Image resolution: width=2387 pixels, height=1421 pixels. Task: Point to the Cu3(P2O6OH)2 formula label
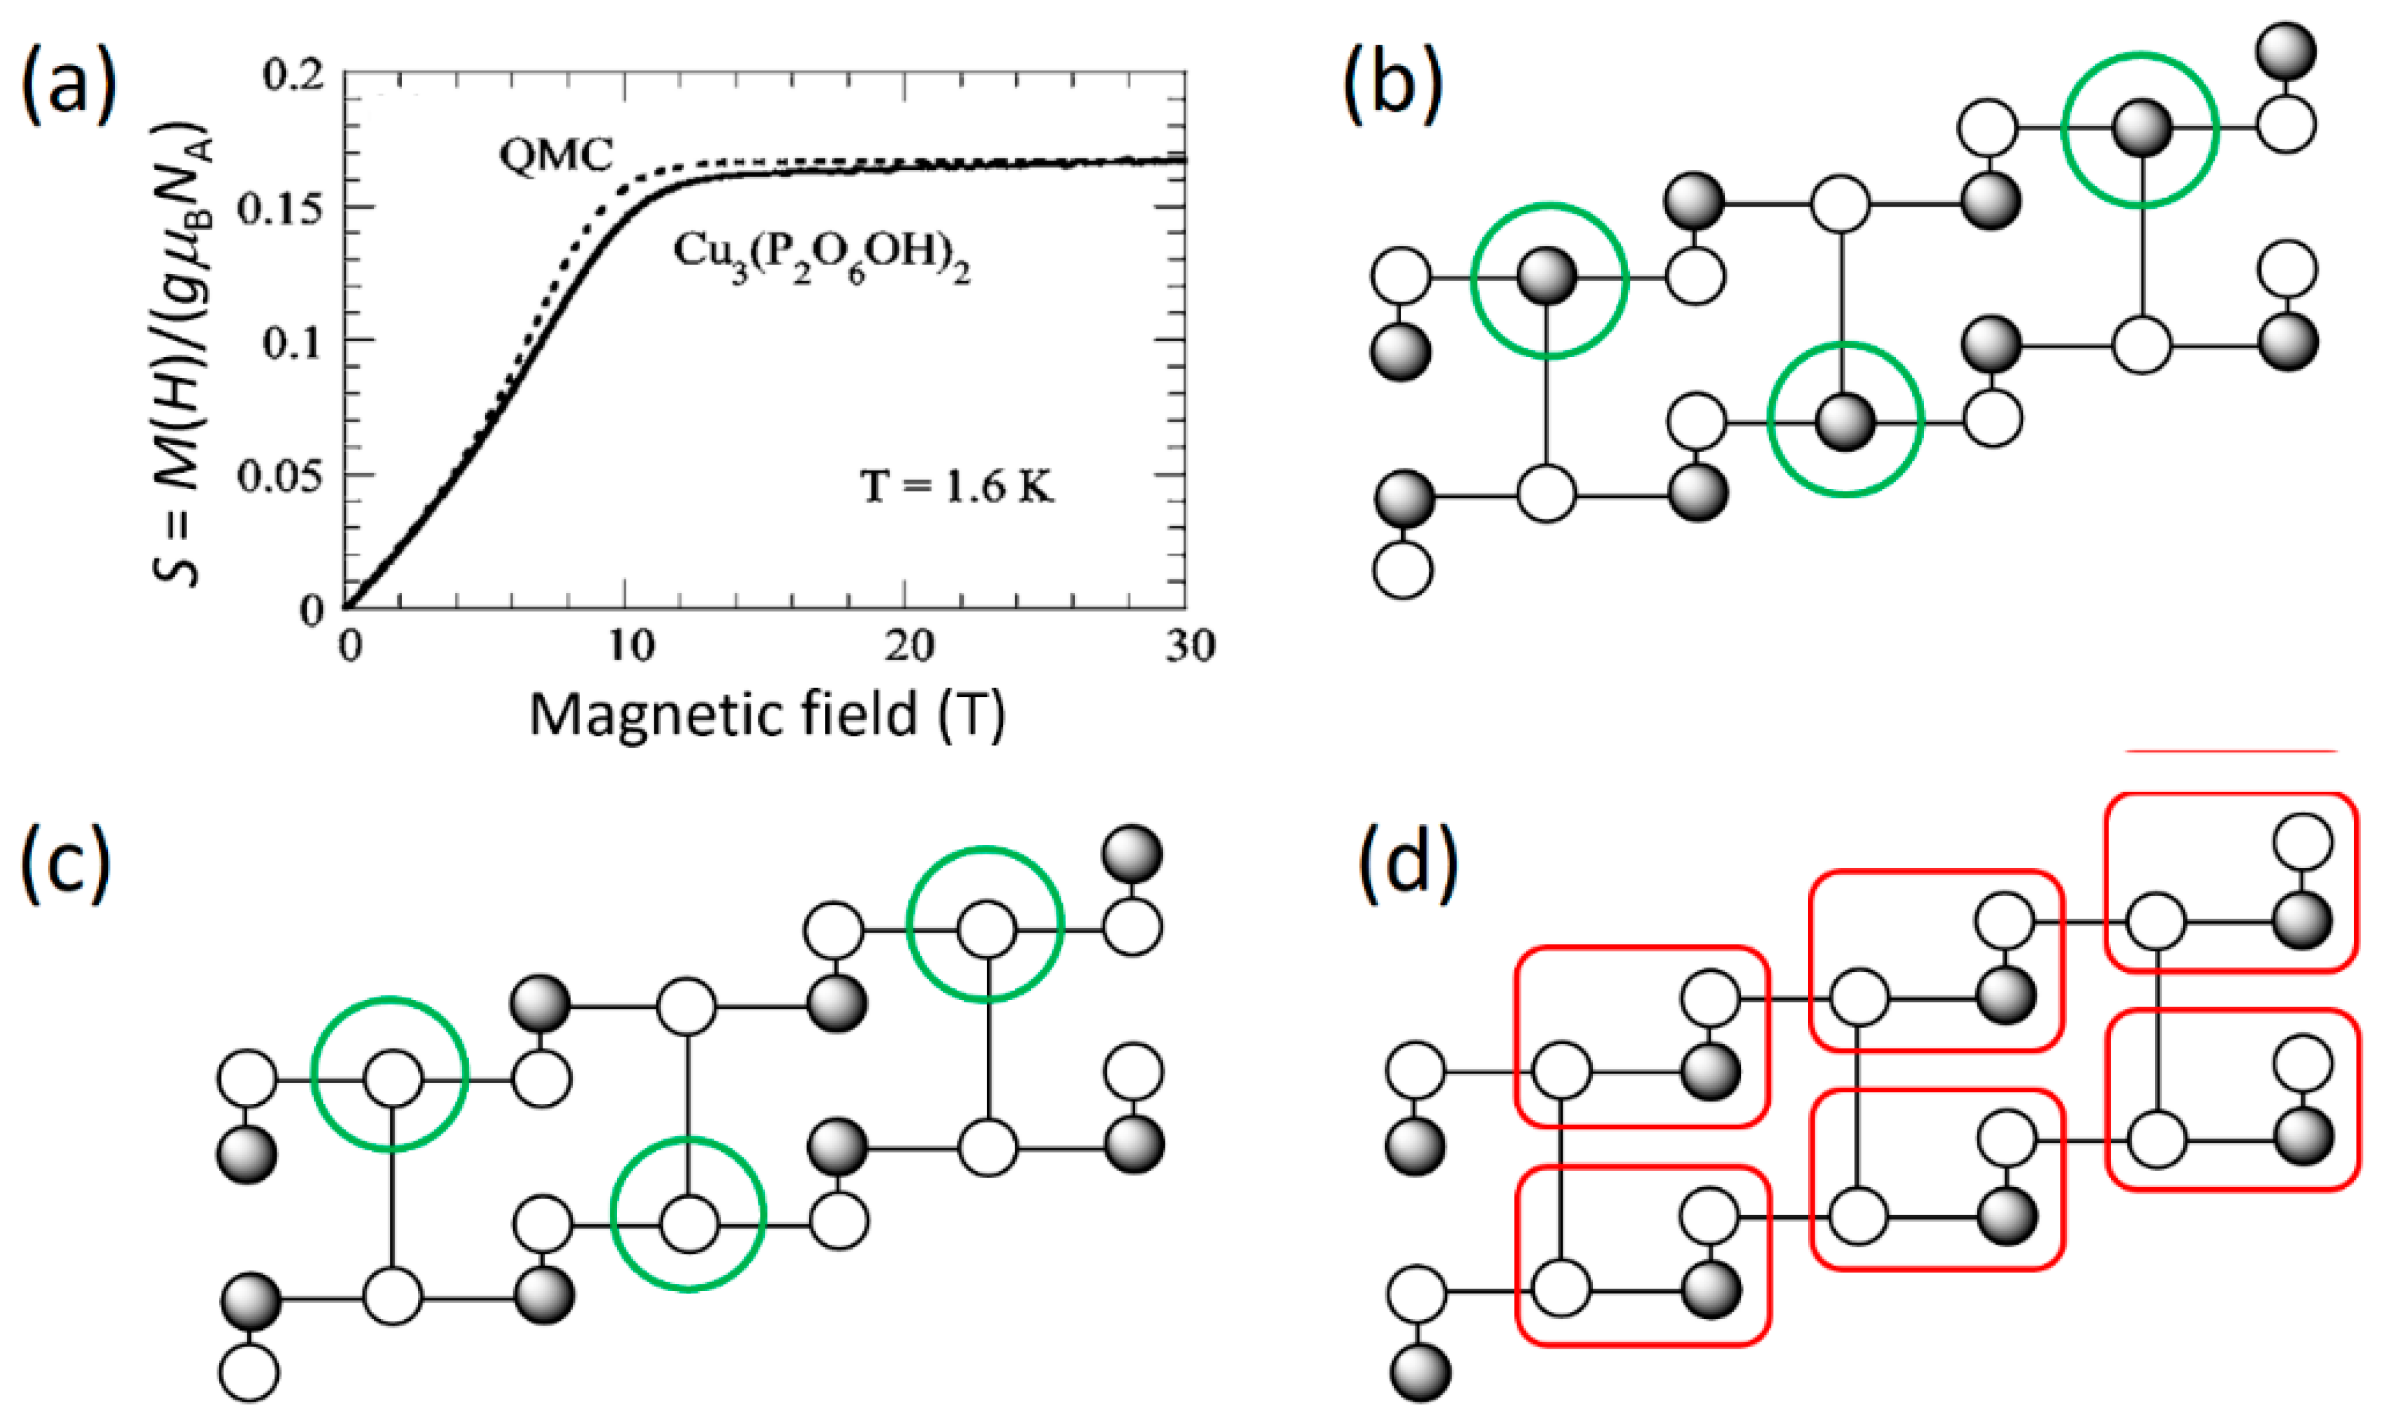[x=822, y=256]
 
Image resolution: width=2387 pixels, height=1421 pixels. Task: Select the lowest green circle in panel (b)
[x=1844, y=419]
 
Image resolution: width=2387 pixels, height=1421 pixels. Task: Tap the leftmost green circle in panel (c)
[x=390, y=1074]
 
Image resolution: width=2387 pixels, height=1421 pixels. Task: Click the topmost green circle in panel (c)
[x=985, y=925]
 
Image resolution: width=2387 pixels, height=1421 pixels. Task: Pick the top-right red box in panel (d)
[x=2231, y=882]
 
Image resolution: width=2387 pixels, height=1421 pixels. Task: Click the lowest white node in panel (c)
[x=249, y=1372]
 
